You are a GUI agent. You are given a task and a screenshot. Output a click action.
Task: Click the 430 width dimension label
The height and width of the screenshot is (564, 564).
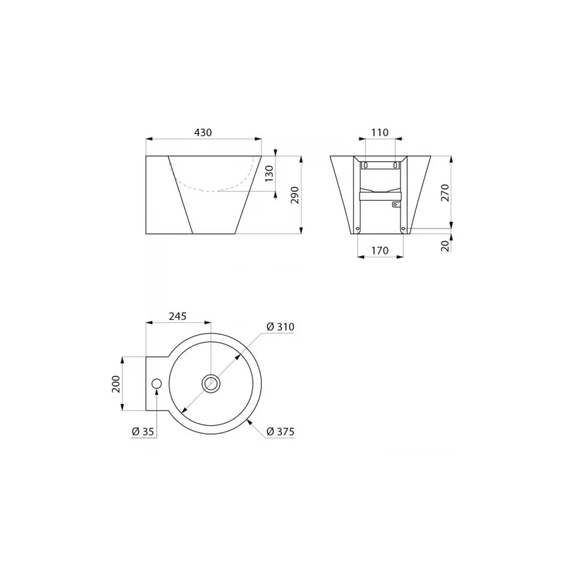203,133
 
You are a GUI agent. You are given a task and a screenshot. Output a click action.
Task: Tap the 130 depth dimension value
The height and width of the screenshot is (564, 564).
269,173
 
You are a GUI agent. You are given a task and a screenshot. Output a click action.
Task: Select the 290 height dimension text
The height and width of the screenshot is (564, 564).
295,195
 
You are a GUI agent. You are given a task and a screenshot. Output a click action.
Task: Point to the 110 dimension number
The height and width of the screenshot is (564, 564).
380,133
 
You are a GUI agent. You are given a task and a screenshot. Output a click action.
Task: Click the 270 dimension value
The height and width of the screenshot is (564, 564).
446,192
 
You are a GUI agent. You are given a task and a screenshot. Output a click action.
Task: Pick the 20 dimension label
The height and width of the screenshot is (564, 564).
446,246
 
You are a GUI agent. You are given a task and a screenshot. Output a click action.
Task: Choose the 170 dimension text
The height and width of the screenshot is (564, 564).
380,250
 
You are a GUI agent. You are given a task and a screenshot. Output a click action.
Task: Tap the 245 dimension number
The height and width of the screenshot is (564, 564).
178,316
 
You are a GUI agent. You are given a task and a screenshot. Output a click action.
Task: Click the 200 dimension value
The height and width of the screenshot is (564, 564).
116,384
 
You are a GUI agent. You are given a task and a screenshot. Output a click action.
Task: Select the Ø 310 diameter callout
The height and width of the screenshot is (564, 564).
280,326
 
